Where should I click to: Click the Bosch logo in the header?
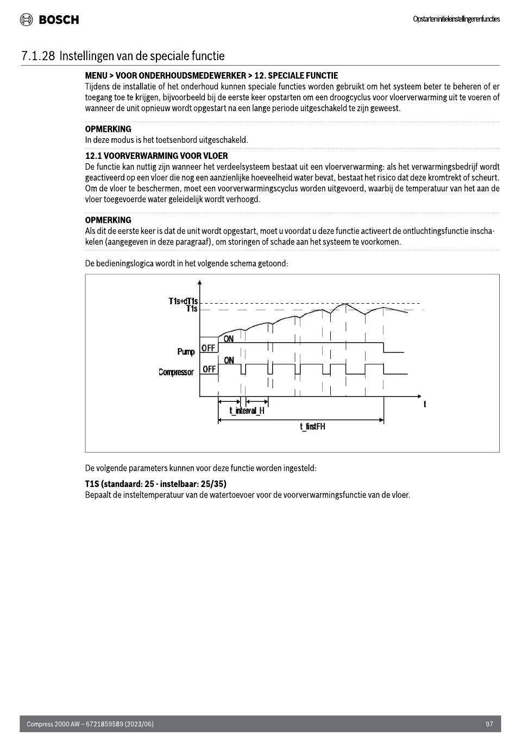49,20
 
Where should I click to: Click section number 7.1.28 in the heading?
38,56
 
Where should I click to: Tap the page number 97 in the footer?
489,724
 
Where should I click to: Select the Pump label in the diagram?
186,352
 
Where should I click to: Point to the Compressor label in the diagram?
176,373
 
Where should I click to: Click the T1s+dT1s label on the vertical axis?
183,301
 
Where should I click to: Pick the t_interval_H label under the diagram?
247,411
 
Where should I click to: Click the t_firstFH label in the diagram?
312,427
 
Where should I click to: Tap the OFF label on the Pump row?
209,348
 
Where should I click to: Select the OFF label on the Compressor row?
209,369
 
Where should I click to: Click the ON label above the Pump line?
229,339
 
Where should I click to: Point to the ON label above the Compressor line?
229,360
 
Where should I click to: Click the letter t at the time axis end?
425,404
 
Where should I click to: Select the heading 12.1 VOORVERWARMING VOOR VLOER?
156,156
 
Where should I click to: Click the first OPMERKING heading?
108,129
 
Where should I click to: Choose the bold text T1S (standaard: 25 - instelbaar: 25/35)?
155,484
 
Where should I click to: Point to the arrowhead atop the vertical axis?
200,282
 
